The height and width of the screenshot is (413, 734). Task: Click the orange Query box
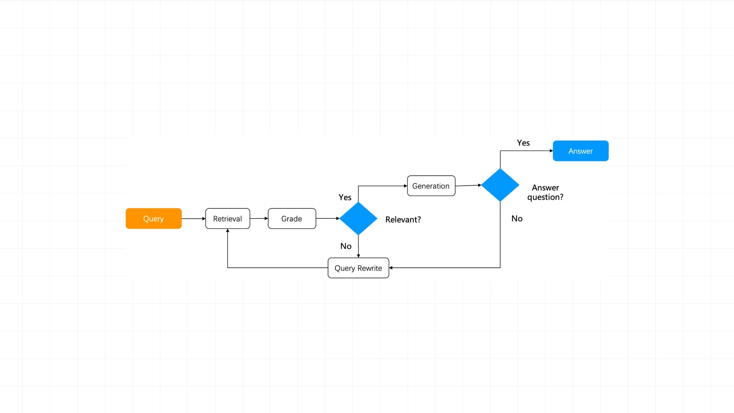point(153,218)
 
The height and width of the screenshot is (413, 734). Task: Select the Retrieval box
point(228,218)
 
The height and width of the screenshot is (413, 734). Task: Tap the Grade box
point(292,218)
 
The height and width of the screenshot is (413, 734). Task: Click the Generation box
point(431,186)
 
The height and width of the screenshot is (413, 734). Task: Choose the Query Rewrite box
point(358,268)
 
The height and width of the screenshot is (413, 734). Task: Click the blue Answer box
point(581,151)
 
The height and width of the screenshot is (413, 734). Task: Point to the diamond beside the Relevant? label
point(358,218)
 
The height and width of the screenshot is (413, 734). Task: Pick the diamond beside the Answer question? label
point(500,185)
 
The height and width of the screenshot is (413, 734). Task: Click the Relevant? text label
point(403,219)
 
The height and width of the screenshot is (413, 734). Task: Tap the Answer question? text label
point(545,192)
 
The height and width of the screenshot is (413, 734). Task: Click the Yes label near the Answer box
point(523,143)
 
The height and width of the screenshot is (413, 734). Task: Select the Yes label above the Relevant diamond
point(345,197)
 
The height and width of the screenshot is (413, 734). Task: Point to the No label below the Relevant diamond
point(346,246)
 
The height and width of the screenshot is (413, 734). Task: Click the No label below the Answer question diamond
point(517,218)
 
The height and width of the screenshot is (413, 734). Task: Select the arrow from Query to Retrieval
point(194,218)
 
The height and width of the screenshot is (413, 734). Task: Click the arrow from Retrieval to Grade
point(259,218)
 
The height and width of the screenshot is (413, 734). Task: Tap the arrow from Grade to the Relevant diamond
point(328,218)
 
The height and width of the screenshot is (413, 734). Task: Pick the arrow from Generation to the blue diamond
point(468,185)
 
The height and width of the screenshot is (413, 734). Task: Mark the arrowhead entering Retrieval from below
point(228,231)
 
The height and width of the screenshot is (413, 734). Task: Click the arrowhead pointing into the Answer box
point(551,151)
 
